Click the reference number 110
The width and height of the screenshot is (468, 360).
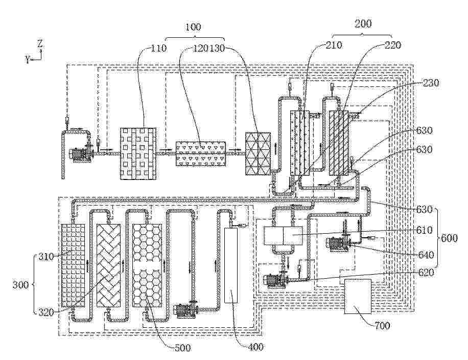[x=158, y=48]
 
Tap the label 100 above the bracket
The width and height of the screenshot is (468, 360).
[x=193, y=27]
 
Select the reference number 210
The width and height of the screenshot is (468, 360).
[x=334, y=45]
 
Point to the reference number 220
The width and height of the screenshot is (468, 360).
[x=393, y=45]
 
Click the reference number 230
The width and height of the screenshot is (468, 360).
[x=431, y=83]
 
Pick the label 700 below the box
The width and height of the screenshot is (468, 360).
[x=382, y=325]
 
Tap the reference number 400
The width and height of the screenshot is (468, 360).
[x=256, y=347]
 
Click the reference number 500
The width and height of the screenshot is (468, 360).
[x=182, y=348]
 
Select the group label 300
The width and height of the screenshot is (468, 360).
[x=20, y=285]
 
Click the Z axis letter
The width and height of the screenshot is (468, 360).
[x=40, y=43]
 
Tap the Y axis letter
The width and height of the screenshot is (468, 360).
[x=28, y=59]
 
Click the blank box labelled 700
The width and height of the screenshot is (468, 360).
[x=358, y=297]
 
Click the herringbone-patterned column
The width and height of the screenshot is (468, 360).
[x=109, y=265]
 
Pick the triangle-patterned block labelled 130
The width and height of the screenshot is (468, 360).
[x=258, y=153]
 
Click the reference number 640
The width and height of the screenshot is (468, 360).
[x=425, y=255]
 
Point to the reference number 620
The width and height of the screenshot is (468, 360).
[x=425, y=272]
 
